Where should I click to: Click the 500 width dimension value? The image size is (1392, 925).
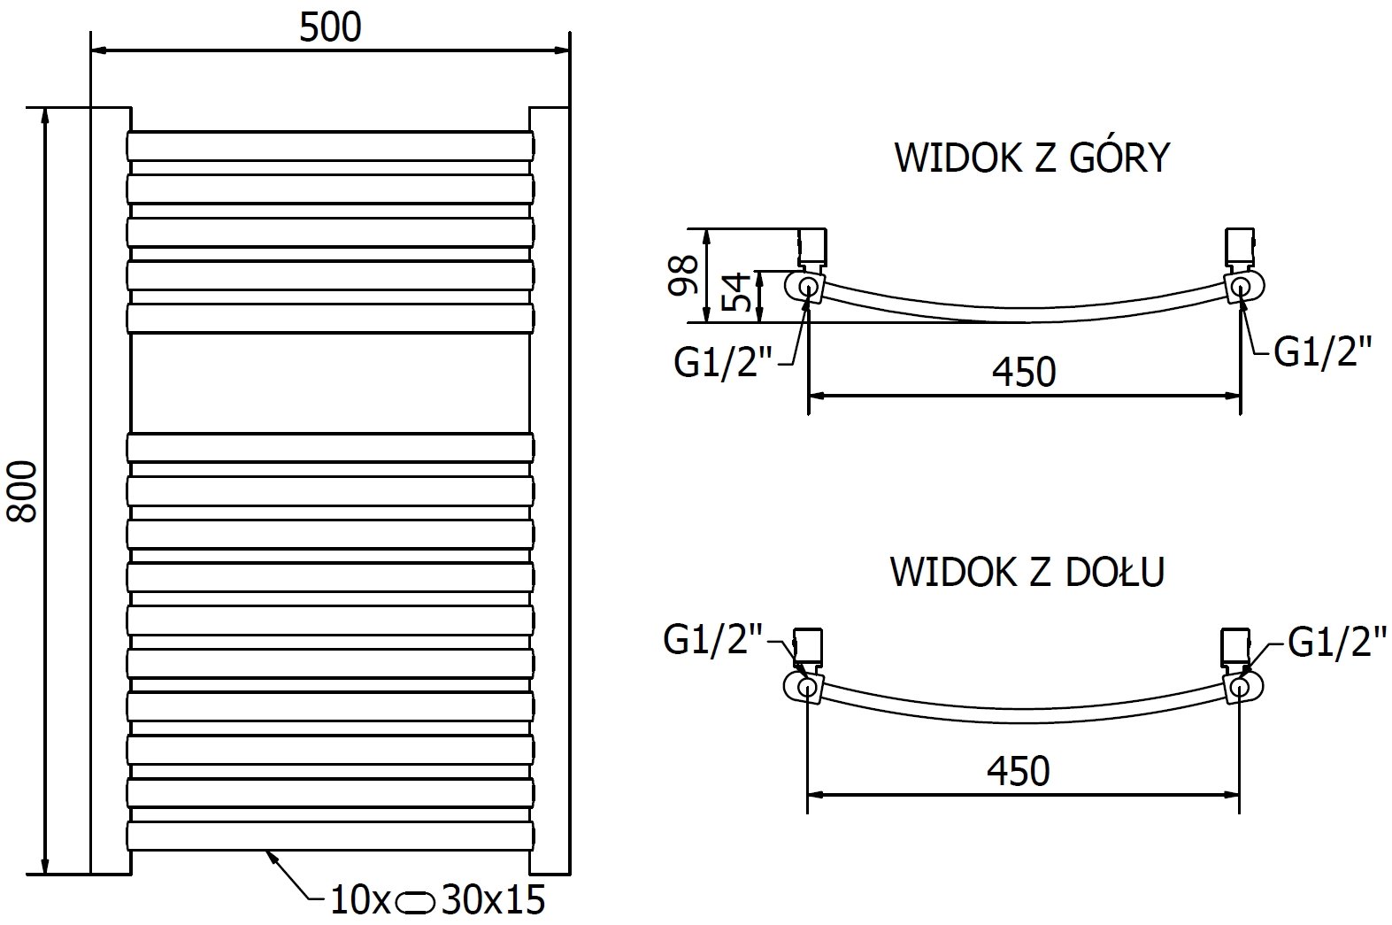click(330, 28)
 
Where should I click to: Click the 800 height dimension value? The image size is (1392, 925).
click(23, 491)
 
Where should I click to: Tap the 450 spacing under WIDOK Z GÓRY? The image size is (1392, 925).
click(1024, 372)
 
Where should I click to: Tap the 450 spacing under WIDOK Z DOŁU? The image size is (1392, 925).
click(1018, 772)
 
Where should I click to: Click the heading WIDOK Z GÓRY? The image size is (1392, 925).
click(1033, 158)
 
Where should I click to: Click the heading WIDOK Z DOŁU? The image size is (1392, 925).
click(1027, 572)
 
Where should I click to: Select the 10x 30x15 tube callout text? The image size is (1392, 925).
click(437, 900)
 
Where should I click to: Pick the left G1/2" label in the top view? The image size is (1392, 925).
click(724, 363)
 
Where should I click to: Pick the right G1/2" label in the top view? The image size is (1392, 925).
click(1322, 352)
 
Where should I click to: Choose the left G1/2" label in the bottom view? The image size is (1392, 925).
click(712, 640)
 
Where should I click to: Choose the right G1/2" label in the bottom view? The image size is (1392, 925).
click(1336, 643)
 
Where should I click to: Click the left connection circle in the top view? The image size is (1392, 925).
click(808, 286)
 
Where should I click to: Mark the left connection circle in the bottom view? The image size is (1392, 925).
click(807, 686)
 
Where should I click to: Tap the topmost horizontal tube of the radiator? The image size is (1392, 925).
click(330, 146)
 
